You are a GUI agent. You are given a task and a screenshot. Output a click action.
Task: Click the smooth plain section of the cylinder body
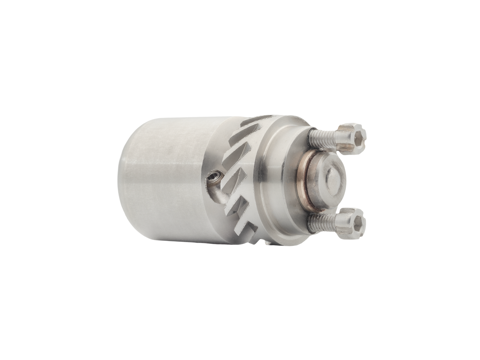170,179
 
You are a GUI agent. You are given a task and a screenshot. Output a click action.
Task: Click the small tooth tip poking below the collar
268,244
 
